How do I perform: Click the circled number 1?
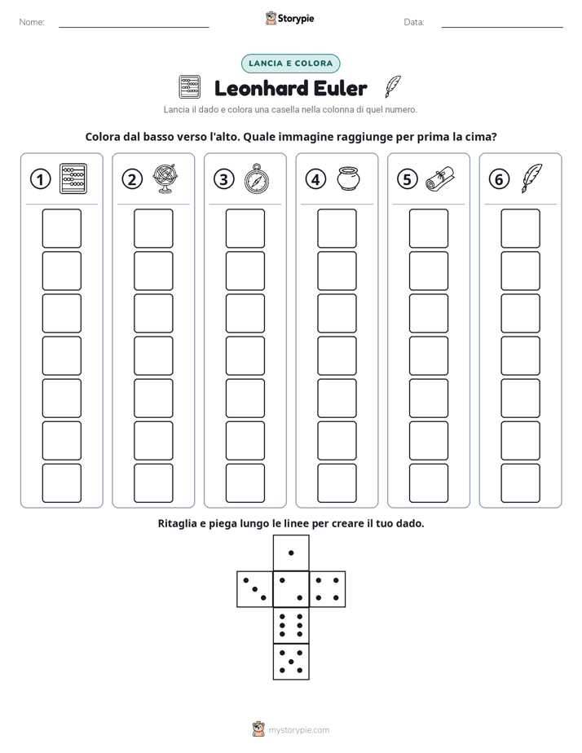click(40, 179)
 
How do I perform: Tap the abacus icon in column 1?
click(73, 178)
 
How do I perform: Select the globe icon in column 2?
click(165, 178)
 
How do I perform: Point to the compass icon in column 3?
click(257, 178)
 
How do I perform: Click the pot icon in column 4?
click(349, 178)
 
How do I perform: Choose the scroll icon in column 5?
click(440, 178)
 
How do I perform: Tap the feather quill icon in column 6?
click(532, 178)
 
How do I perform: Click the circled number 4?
click(315, 179)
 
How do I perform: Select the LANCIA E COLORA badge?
click(290, 64)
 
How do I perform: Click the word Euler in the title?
click(336, 88)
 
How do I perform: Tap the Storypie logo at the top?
click(289, 18)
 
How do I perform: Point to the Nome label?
click(32, 22)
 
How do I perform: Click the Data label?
click(414, 22)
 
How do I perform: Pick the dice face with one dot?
click(291, 553)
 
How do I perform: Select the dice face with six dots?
click(291, 625)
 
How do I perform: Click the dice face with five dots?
click(291, 662)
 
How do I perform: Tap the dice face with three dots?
click(254, 588)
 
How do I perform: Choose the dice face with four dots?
click(328, 588)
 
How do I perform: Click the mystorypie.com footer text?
click(298, 730)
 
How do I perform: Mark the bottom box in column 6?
click(521, 483)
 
